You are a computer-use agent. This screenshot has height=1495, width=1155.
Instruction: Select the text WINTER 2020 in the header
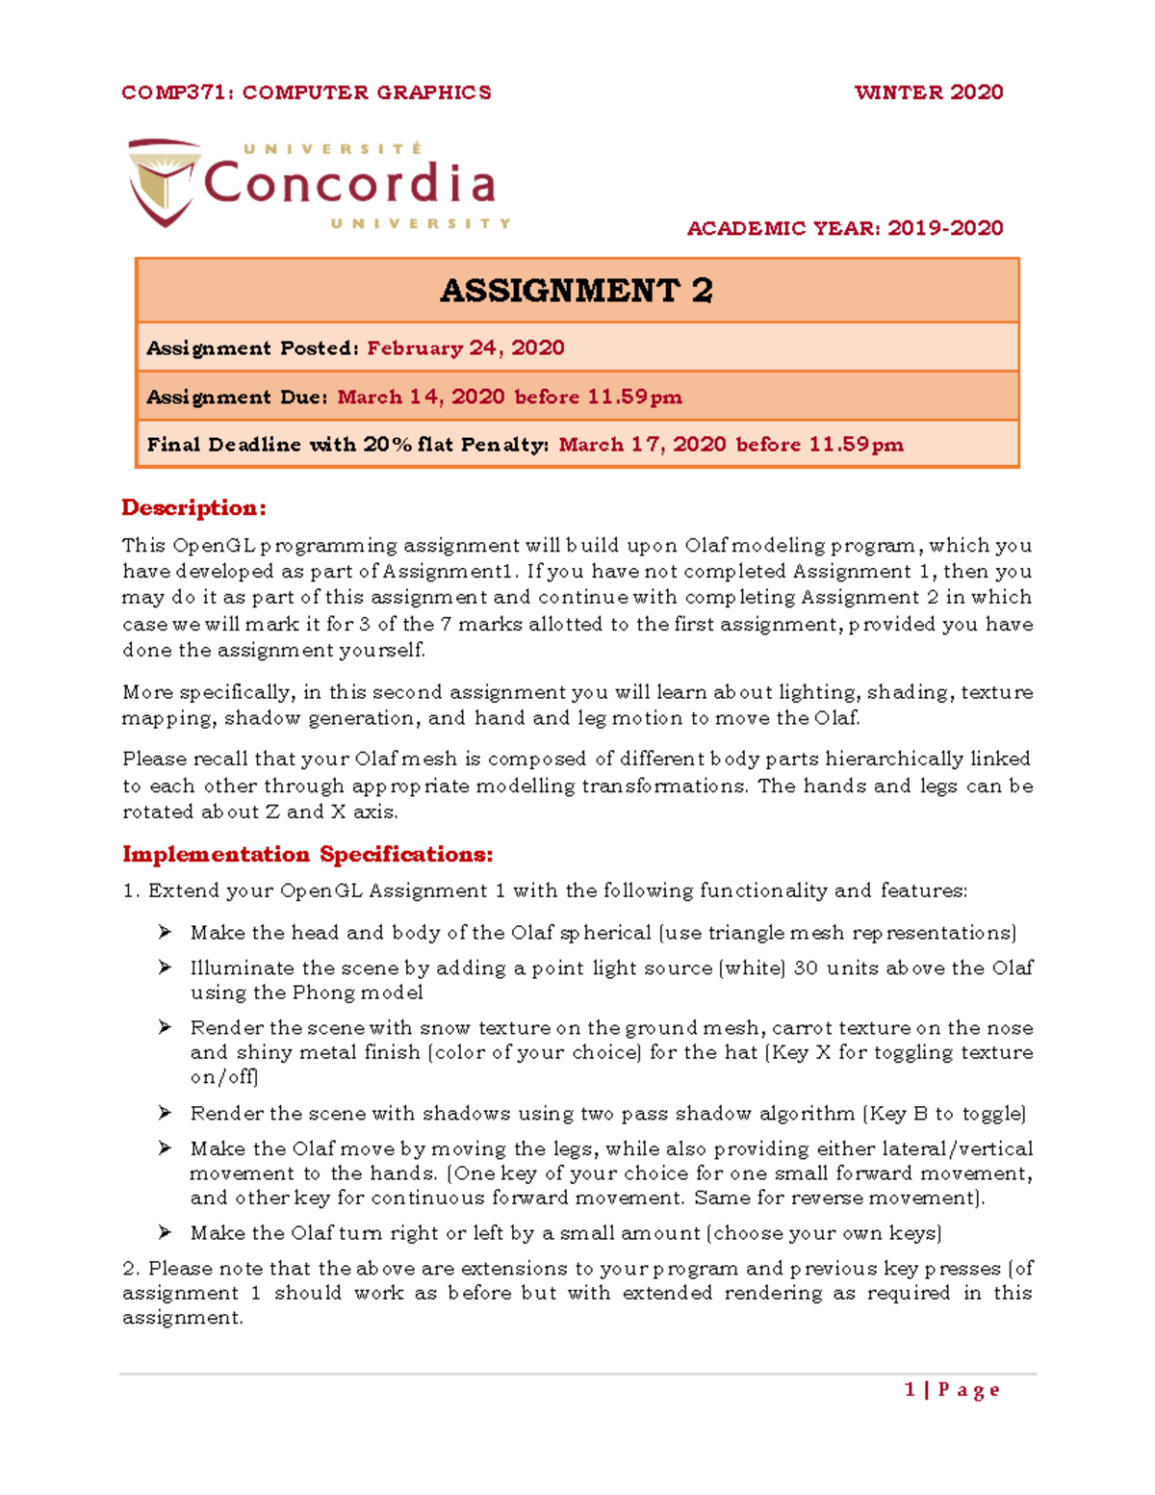pyautogui.click(x=928, y=92)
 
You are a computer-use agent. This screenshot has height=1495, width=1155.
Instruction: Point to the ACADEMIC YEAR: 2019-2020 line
pyautogui.click(x=844, y=228)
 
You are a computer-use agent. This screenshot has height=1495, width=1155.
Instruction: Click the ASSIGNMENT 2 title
pyautogui.click(x=577, y=291)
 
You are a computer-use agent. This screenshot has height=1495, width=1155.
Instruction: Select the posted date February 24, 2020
pyautogui.click(x=466, y=348)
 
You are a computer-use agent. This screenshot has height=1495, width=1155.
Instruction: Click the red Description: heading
pyautogui.click(x=193, y=507)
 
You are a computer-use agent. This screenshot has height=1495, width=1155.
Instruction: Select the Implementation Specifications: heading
pyautogui.click(x=307, y=854)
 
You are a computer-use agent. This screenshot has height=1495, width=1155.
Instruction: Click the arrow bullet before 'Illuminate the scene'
pyautogui.click(x=166, y=967)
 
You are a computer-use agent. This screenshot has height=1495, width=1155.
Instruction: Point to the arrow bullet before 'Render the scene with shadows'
pyautogui.click(x=166, y=1113)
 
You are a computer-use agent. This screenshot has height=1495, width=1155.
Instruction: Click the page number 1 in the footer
pyautogui.click(x=910, y=1389)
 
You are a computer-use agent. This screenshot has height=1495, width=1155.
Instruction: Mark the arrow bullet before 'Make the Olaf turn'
pyautogui.click(x=166, y=1232)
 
